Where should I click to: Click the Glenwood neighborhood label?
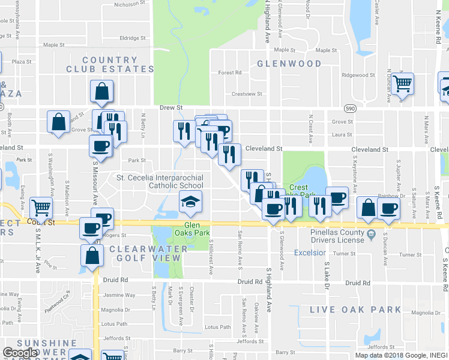pyautogui.click(x=289, y=63)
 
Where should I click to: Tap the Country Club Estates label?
pyautogui.click(x=110, y=64)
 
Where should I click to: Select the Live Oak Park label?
pyautogui.click(x=355, y=310)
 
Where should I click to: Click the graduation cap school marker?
pyautogui.click(x=190, y=202)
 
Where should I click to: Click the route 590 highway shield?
pyautogui.click(x=351, y=109)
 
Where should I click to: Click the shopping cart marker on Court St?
pyautogui.click(x=41, y=207)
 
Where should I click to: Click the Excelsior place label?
pyautogui.click(x=310, y=253)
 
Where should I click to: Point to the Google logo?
pyautogui.click(x=20, y=353)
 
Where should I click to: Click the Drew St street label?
pyautogui.click(x=171, y=108)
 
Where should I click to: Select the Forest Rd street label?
pyautogui.click(x=229, y=73)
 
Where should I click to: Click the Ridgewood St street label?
pyautogui.click(x=358, y=76)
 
